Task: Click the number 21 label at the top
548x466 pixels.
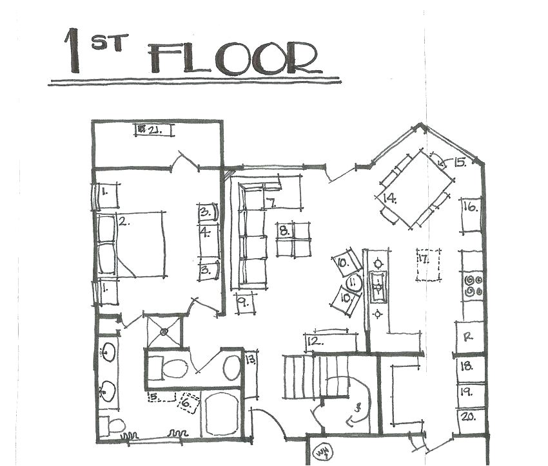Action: tap(153, 130)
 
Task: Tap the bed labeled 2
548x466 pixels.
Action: tap(132, 245)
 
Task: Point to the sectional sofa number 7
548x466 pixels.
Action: tap(271, 203)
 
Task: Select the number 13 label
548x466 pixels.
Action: tap(250, 359)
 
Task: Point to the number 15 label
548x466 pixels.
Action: tap(458, 162)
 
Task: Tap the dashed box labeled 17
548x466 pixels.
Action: tap(427, 265)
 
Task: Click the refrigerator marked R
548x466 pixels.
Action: tap(469, 337)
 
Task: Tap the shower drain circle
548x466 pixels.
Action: tap(164, 331)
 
